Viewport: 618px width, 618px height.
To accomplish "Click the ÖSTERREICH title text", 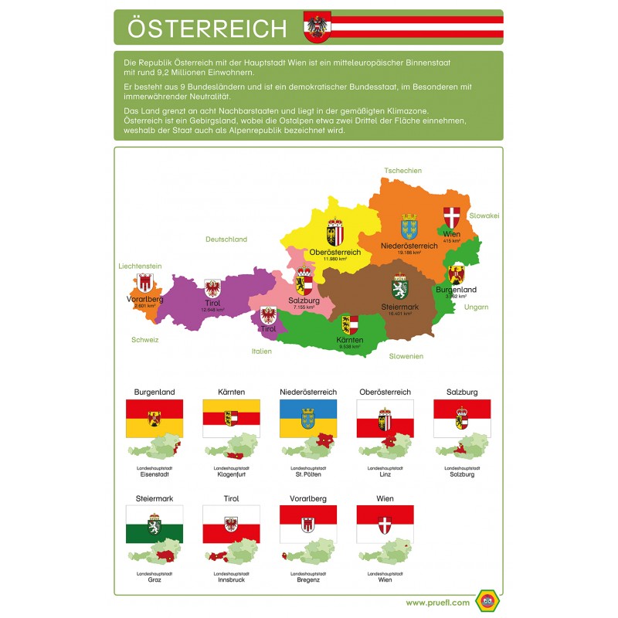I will click(206, 28).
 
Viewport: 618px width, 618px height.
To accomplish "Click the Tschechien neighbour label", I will click(402, 170).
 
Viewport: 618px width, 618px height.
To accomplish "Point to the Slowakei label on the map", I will click(484, 216).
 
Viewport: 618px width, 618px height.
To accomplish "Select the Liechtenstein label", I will click(140, 266).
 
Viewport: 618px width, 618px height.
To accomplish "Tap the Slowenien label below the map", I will click(406, 356).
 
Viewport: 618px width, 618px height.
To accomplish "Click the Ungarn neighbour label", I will click(476, 307).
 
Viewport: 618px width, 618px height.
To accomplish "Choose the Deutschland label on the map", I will click(226, 239).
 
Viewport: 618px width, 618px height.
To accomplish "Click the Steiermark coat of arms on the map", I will click(399, 287).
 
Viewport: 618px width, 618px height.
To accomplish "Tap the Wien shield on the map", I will click(452, 217).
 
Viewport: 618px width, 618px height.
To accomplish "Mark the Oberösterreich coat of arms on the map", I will click(335, 233).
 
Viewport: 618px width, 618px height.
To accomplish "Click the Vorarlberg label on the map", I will click(144, 299).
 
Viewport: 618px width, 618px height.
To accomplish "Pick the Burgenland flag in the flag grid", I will click(154, 418).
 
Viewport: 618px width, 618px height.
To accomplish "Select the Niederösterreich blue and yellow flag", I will click(307, 418).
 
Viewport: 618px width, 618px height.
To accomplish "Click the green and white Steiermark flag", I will click(154, 524).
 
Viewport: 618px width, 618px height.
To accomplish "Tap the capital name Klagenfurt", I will click(230, 474).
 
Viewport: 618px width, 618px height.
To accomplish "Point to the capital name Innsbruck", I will click(230, 579).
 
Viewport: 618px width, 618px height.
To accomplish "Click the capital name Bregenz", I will click(307, 579).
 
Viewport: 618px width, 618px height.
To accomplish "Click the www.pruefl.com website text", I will click(437, 602).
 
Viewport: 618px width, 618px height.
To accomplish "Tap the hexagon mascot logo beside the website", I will click(486, 600).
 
